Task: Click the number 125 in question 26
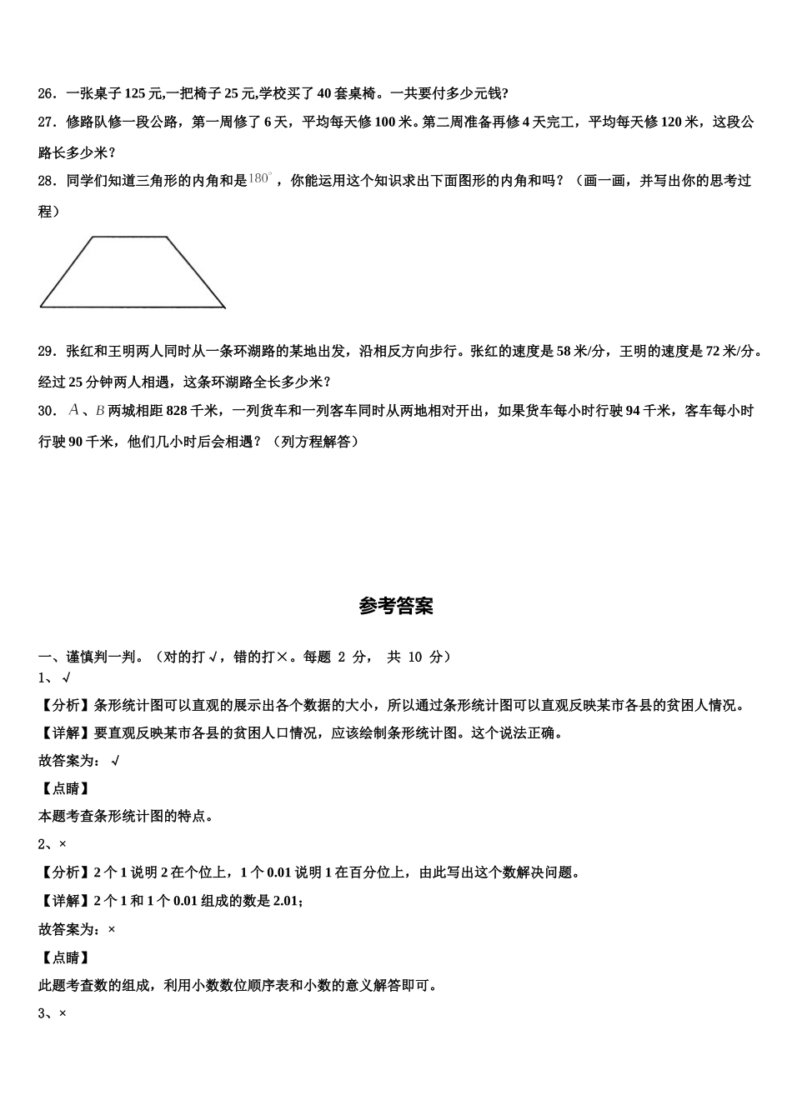click(135, 93)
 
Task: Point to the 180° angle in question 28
click(260, 178)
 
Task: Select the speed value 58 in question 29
click(565, 351)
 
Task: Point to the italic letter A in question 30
click(74, 410)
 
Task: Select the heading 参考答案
click(396, 606)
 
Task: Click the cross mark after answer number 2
click(63, 844)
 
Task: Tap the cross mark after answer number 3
click(63, 1013)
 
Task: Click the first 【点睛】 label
click(64, 788)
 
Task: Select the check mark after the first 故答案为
click(115, 760)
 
